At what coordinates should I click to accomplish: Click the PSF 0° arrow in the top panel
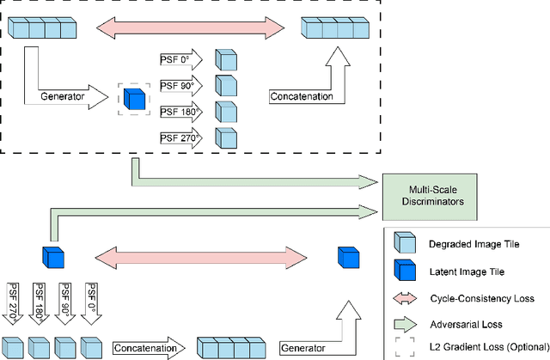point(180,60)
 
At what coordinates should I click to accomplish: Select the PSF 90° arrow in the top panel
point(180,86)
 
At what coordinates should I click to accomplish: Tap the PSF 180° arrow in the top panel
point(180,112)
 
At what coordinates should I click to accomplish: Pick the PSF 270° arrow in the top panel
point(180,137)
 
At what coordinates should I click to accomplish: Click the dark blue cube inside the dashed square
point(133,98)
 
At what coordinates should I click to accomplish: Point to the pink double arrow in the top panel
point(192,28)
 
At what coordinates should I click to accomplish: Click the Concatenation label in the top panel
point(301,96)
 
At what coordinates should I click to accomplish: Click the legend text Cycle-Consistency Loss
point(481,298)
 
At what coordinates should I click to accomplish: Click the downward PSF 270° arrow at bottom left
point(12,300)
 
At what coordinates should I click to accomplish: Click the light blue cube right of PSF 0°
point(225,60)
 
